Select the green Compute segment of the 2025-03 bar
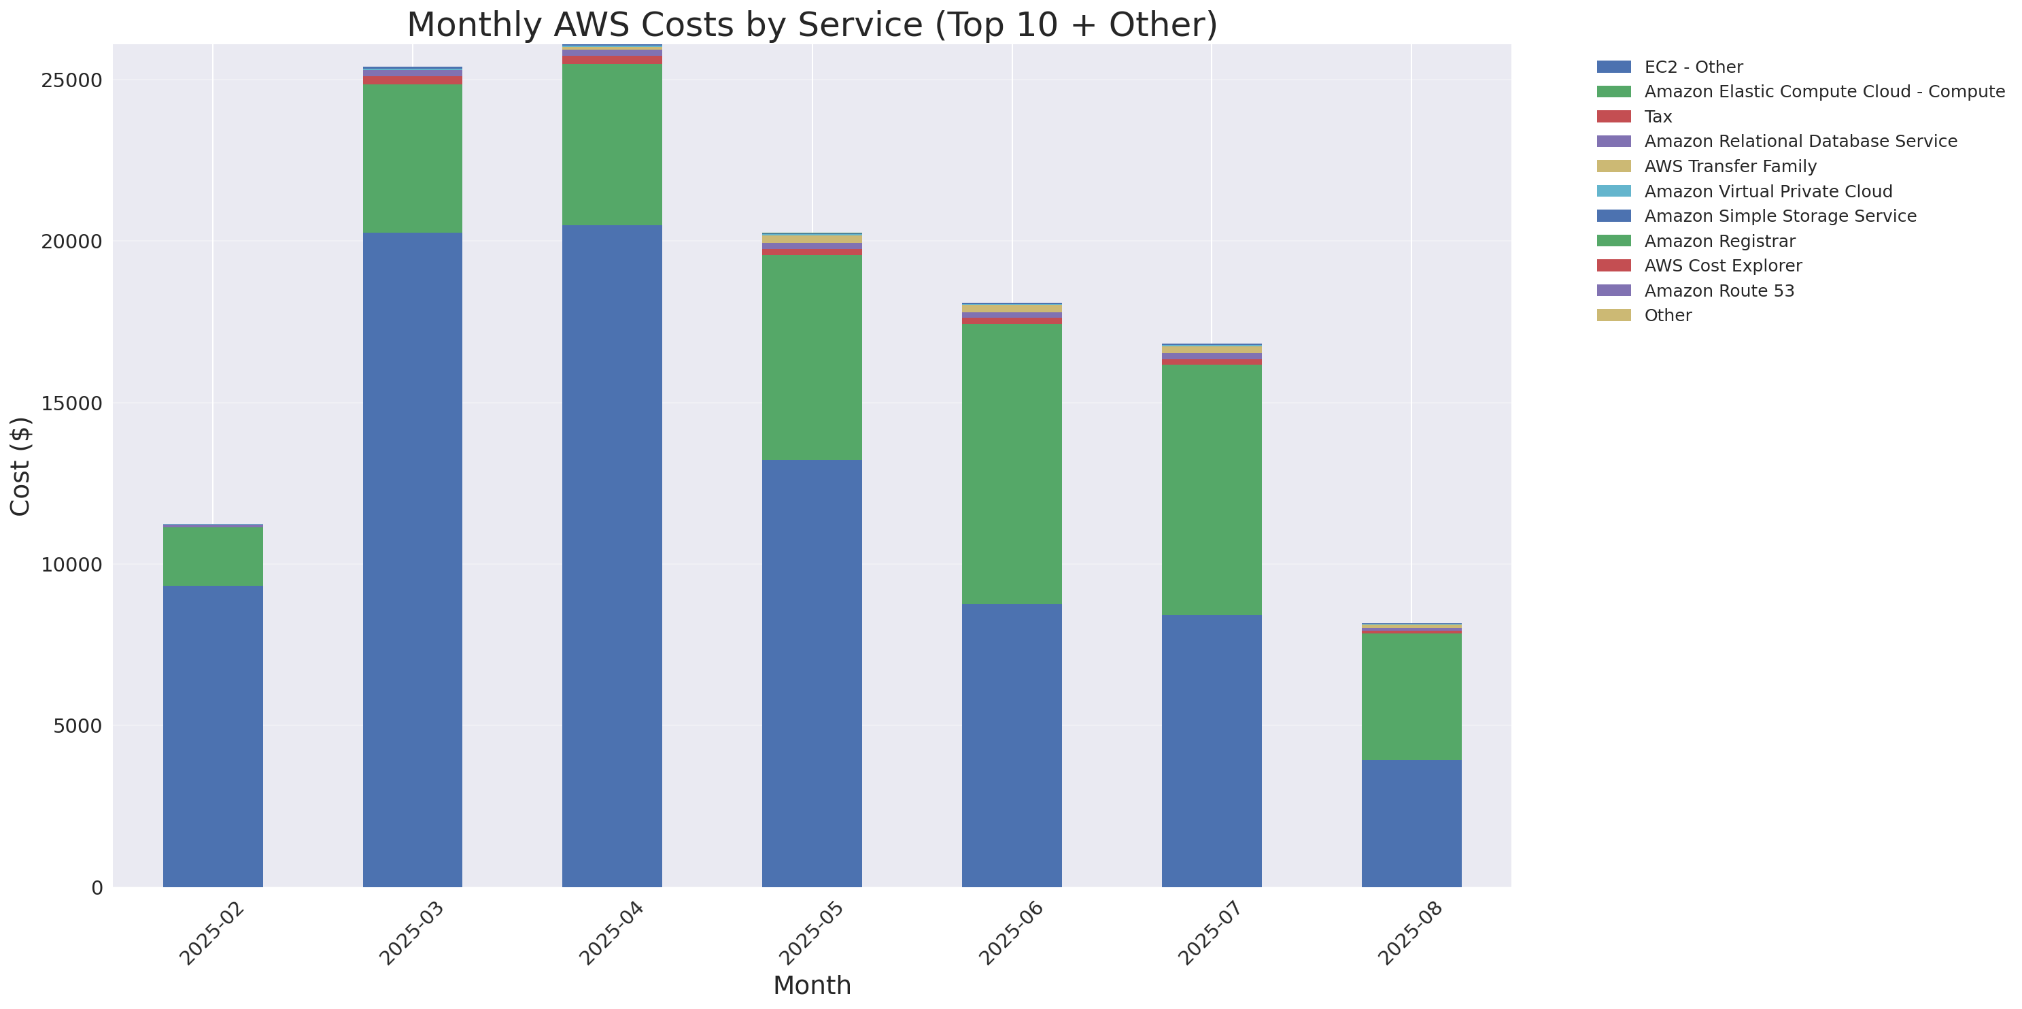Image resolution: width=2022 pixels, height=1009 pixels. tap(412, 159)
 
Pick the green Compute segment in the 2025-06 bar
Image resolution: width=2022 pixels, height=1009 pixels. tap(1012, 463)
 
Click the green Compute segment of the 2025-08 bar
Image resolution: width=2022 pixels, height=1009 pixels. tap(1411, 697)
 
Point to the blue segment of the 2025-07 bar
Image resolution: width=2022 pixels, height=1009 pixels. tap(1211, 750)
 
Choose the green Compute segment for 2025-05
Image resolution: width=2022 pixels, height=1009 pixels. tap(812, 357)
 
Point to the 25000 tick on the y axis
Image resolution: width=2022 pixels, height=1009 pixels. tap(71, 81)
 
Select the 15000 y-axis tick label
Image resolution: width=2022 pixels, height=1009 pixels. tap(71, 403)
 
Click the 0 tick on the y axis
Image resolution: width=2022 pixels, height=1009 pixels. tap(97, 888)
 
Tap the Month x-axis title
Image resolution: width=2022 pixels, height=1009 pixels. tap(812, 985)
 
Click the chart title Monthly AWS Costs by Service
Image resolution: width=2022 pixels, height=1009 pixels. tap(812, 24)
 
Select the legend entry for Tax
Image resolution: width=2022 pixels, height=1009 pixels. tap(1658, 117)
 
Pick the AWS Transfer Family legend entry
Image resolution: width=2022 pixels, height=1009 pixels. tap(1730, 167)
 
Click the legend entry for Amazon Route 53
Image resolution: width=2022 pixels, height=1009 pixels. tap(1719, 291)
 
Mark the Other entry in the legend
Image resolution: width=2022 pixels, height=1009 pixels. tap(1667, 316)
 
